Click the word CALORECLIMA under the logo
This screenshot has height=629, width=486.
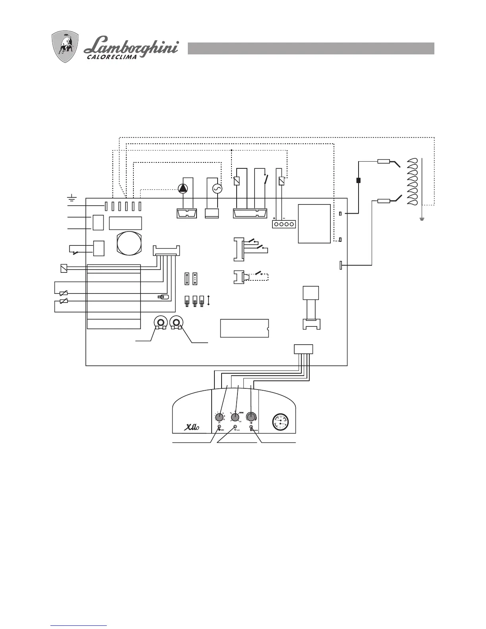click(112, 57)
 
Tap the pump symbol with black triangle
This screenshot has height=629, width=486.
click(182, 189)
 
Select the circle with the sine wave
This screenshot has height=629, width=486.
click(217, 189)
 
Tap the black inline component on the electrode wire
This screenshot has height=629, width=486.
click(359, 181)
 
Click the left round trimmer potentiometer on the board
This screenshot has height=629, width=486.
click(161, 323)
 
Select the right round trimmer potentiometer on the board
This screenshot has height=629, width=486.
click(175, 323)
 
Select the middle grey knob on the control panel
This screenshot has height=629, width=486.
click(235, 417)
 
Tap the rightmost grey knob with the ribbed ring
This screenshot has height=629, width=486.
click(251, 417)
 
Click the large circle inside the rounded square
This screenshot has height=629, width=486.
click(128, 242)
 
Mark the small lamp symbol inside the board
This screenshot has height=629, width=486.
click(163, 297)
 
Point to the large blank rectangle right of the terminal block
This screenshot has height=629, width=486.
click(314, 223)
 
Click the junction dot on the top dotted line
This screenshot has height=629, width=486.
click(231, 150)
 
